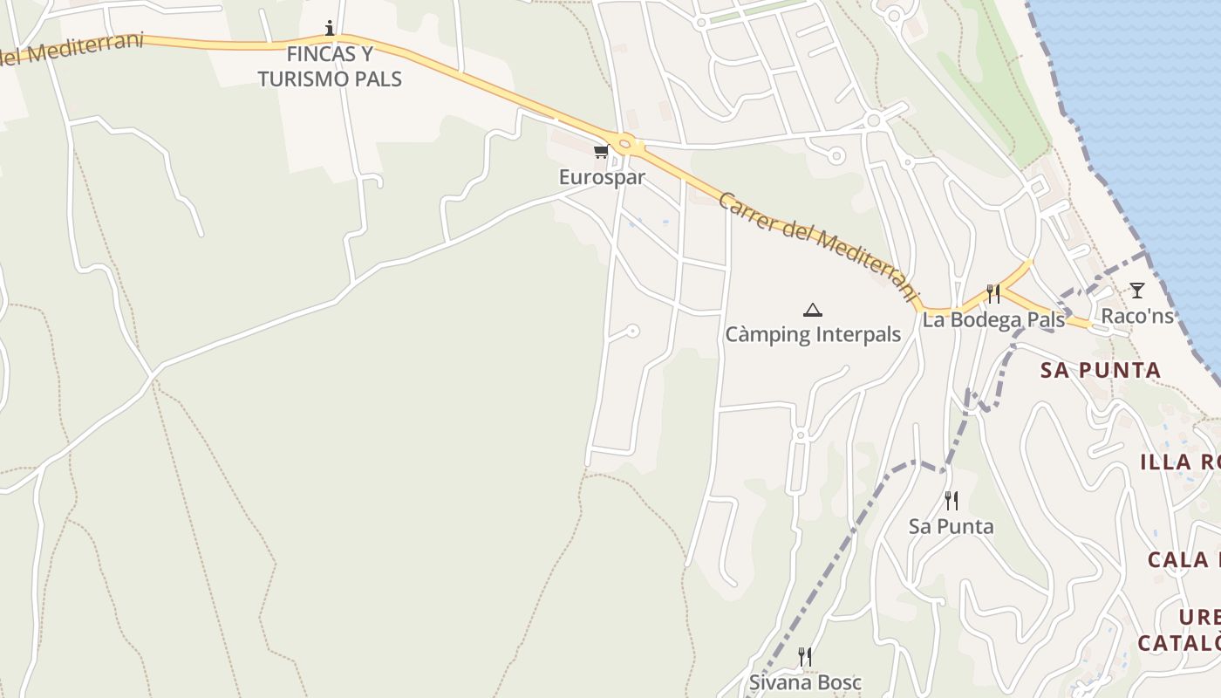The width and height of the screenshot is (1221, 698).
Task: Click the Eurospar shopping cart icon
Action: pos(601,152)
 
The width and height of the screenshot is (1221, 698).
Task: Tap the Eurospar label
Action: pos(602,177)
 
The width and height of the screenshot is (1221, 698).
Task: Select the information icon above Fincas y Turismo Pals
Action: pos(330,28)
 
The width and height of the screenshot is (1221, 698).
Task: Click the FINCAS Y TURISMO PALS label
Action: pos(330,66)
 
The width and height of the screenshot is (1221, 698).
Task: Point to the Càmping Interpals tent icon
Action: pos(813,310)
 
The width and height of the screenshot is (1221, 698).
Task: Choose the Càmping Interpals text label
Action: pos(813,335)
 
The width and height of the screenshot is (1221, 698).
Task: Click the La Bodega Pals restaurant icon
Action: pos(993,293)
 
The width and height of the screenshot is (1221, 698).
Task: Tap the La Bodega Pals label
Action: pos(993,320)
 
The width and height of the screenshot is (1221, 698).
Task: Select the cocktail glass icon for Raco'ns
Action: pos(1136,290)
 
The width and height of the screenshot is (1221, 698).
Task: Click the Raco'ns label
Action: pos(1137,316)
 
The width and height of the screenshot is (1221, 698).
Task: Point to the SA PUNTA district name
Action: pos(1101,370)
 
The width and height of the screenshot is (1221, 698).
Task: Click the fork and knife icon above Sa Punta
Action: pos(952,501)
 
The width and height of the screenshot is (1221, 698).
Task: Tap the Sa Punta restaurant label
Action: pos(952,527)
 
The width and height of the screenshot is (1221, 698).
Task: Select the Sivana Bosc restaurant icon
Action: pos(805,656)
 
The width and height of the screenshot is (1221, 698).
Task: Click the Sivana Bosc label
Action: pos(805,682)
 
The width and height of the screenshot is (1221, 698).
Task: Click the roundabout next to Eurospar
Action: pos(625,143)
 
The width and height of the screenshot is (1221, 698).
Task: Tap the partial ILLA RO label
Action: pos(1179,462)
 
